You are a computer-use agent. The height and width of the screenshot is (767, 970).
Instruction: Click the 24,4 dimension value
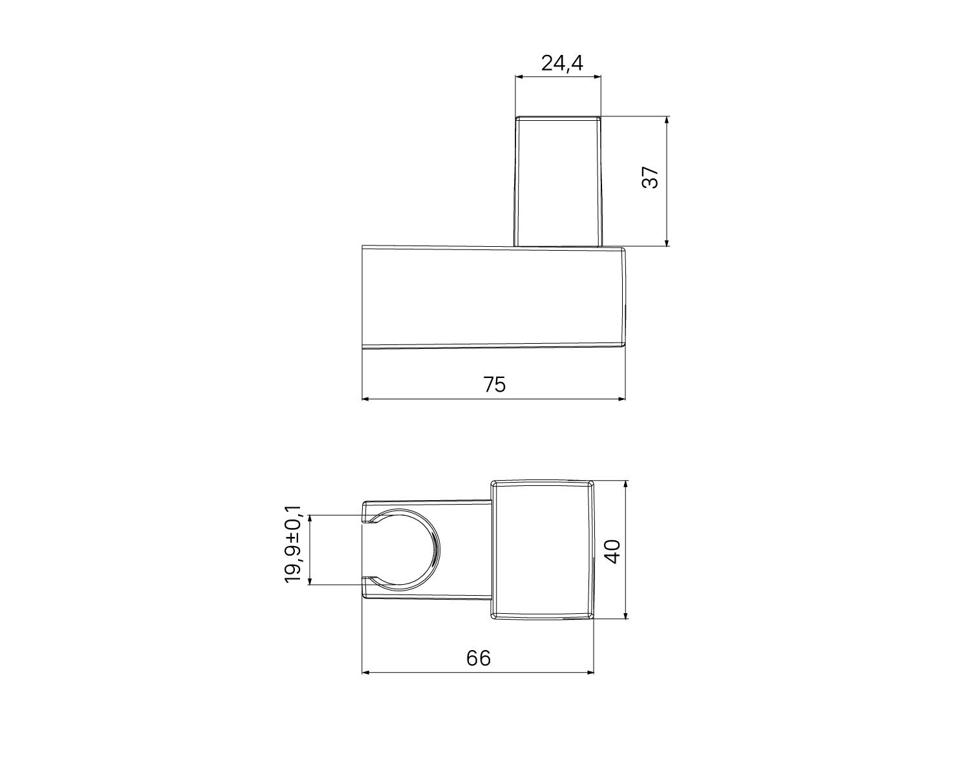pos(561,63)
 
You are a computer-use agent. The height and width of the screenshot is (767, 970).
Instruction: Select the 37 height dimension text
pos(651,178)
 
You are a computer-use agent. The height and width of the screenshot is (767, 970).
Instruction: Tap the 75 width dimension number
pos(495,384)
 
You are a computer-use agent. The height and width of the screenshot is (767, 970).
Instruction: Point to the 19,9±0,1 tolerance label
pos(293,544)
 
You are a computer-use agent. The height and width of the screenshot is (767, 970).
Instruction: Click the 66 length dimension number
pos(479,658)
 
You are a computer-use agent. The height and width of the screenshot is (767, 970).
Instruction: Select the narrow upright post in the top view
pos(559,182)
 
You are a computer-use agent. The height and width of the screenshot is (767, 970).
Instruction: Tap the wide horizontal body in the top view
pos(494,297)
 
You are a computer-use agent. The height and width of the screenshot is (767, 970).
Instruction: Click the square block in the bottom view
pos(543,551)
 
